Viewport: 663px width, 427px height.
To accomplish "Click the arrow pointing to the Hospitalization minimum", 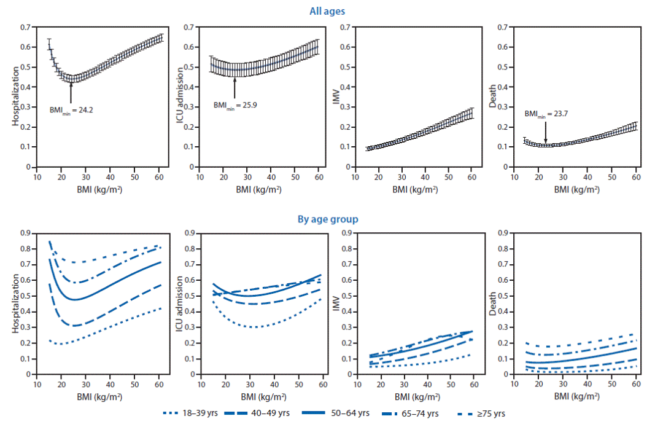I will tap(71, 93).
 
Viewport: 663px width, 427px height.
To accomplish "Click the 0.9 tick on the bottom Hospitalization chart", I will tap(26, 233).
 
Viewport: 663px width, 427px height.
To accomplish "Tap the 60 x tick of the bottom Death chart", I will tap(637, 383).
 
